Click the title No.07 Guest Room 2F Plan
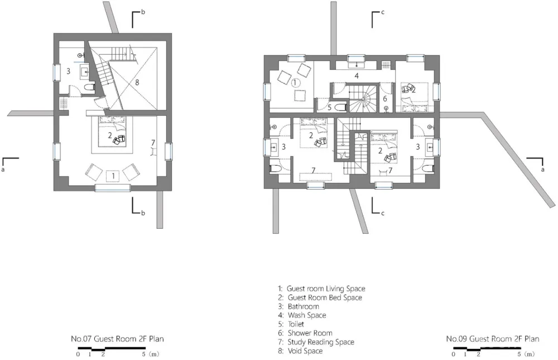(117, 339)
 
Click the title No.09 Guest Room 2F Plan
(493, 339)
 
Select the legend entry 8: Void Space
(300, 351)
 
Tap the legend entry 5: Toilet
(291, 324)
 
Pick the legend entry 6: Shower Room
(305, 333)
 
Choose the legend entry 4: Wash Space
(302, 315)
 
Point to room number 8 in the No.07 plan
(137, 82)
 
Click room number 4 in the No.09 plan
(356, 75)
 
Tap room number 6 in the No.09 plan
(384, 99)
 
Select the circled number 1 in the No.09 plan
(295, 83)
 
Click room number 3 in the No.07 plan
(68, 71)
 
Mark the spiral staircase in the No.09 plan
(362, 98)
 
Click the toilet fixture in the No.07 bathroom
(89, 87)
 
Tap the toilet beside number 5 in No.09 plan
(340, 107)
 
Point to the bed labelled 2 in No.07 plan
(112, 131)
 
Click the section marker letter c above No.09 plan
(383, 12)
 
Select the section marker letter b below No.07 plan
(143, 213)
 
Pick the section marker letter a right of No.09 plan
(543, 170)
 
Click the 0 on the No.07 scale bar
(78, 354)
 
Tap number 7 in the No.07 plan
(153, 143)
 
